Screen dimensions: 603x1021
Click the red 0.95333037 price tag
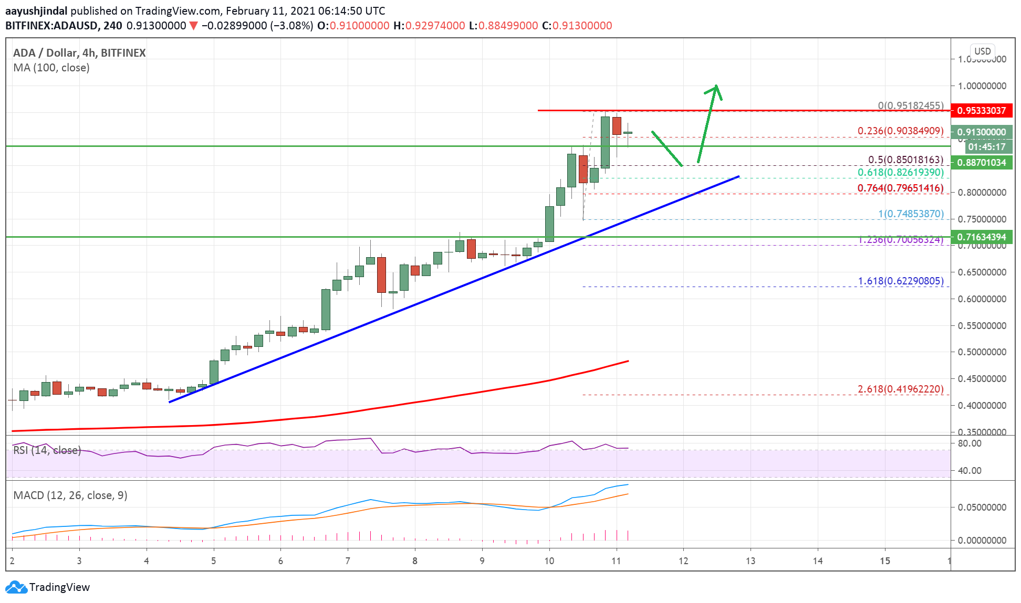[981, 111]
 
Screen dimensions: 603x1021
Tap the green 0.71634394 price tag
[981, 237]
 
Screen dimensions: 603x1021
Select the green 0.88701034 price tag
[981, 163]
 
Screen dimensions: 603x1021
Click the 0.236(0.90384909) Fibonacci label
[900, 131]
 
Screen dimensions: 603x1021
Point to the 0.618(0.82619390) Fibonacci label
[900, 172]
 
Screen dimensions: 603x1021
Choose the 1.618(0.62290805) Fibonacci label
[900, 281]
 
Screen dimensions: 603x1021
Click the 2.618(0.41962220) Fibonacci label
[900, 389]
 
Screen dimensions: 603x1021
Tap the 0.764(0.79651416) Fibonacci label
[900, 188]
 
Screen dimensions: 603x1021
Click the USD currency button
[982, 51]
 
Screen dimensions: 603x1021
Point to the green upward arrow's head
[715, 88]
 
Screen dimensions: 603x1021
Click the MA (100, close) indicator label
[51, 68]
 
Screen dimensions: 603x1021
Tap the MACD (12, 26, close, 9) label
[70, 495]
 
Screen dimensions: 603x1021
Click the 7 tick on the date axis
[348, 561]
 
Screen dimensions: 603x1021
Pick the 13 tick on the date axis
[751, 561]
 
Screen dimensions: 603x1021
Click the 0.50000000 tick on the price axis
[982, 352]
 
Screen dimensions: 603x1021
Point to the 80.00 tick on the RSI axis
[970, 443]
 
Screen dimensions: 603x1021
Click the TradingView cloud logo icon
[16, 587]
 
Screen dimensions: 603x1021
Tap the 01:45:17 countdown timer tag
[986, 147]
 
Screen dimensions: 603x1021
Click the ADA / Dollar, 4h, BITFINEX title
[79, 53]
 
